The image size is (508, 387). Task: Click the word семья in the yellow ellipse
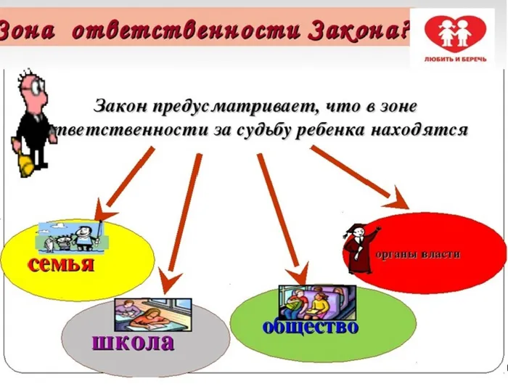[x=61, y=263]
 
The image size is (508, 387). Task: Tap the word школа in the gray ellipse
[x=133, y=341]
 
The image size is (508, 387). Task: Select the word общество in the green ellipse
[x=310, y=327]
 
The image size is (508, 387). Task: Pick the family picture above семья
[x=70, y=236]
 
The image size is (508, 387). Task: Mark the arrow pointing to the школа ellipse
[x=182, y=218]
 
